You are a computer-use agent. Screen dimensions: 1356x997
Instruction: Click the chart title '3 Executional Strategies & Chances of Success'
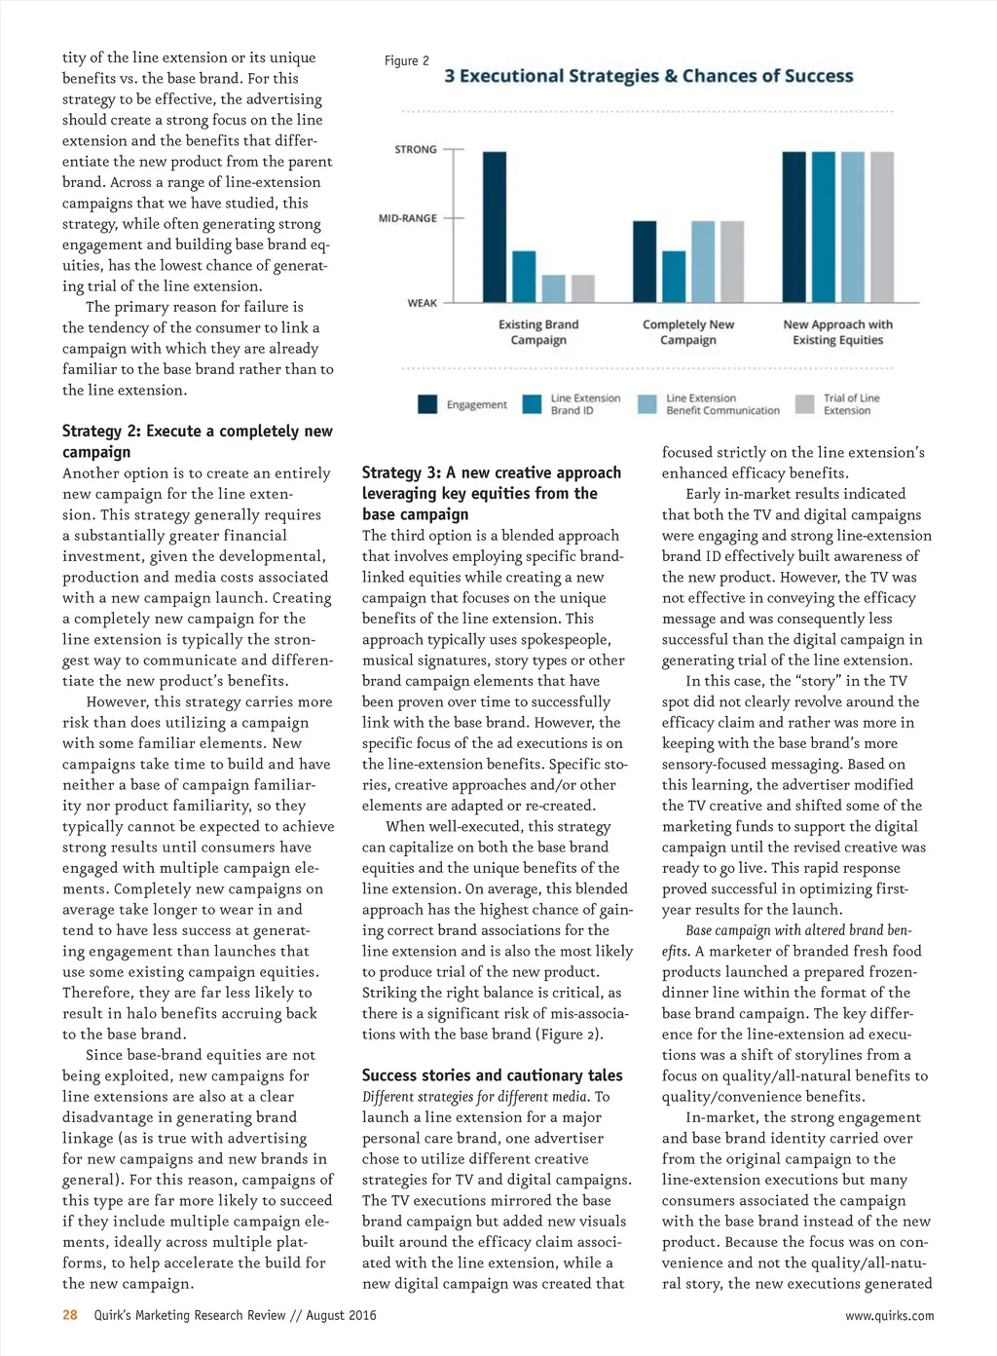[x=648, y=76]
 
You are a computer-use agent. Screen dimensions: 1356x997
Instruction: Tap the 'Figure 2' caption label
[x=407, y=60]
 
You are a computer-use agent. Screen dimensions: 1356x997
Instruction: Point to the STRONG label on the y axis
[x=416, y=149]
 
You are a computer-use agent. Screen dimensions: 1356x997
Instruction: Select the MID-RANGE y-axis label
[x=408, y=218]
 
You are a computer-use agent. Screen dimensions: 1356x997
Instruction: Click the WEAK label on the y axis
[x=423, y=303]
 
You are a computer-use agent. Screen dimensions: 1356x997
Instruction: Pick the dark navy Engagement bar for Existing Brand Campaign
[x=495, y=226]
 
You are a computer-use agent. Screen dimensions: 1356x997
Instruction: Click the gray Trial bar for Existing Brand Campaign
[x=582, y=288]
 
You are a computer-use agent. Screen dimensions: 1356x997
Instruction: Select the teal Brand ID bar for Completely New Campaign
[x=674, y=277]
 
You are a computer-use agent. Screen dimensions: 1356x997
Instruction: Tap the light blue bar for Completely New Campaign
[x=703, y=261]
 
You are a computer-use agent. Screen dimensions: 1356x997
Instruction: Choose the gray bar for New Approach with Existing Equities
[x=881, y=226]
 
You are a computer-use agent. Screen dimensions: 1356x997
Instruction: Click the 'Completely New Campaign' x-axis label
[x=688, y=332]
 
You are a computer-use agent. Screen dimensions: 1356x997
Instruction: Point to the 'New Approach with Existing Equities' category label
[x=837, y=332]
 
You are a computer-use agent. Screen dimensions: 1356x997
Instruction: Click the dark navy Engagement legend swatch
[x=427, y=404]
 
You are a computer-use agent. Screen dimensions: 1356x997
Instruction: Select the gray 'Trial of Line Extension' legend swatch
[x=805, y=404]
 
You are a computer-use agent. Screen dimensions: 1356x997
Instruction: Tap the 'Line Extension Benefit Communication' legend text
[x=722, y=404]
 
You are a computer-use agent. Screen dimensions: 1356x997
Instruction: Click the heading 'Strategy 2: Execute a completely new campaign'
[x=198, y=441]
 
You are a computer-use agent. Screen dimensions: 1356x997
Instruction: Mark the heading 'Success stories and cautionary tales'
[x=492, y=1075]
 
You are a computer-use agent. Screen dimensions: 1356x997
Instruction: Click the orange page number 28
[x=70, y=1315]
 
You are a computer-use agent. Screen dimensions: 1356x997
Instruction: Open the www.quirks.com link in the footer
[x=889, y=1315]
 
